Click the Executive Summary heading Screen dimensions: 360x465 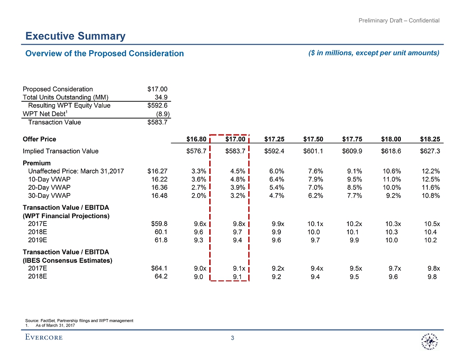[x=75, y=36]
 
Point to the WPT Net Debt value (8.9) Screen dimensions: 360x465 [x=162, y=114]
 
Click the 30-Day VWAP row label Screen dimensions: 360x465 [x=50, y=196]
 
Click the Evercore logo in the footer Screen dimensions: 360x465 [x=44, y=338]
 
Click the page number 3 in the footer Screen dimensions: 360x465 [x=232, y=338]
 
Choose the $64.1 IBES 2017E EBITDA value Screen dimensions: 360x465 [x=159, y=268]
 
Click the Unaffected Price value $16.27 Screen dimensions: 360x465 [x=157, y=171]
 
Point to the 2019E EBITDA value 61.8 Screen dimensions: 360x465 [x=161, y=240]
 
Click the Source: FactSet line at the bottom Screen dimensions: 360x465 [x=79, y=320]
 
